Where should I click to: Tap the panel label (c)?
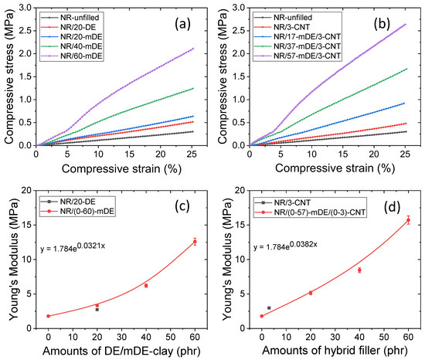[183, 203]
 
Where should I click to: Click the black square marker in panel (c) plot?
[97, 309]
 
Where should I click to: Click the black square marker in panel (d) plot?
[269, 307]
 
